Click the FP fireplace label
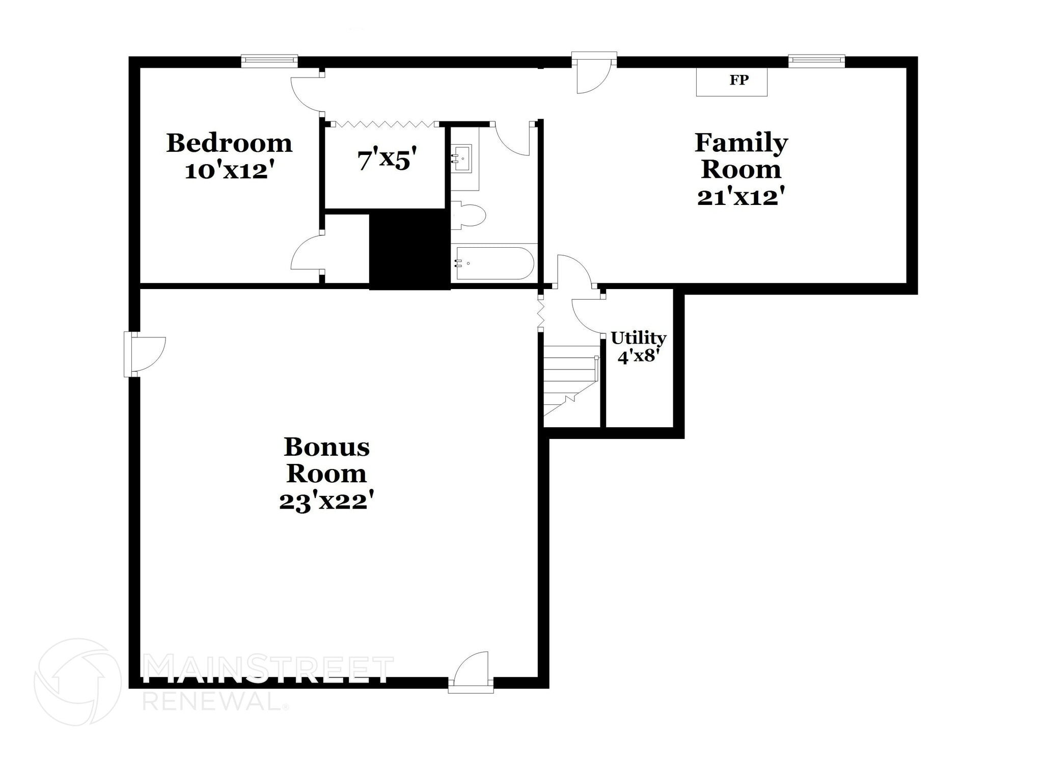(x=738, y=80)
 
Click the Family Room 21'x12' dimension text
(x=740, y=197)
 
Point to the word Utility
(x=638, y=338)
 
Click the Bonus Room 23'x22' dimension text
(x=326, y=501)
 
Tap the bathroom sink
(x=462, y=159)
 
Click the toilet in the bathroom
(x=469, y=216)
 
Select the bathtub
(x=494, y=264)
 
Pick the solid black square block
(x=409, y=250)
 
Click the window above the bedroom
(x=269, y=61)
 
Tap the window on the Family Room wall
(x=816, y=61)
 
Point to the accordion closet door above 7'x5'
(x=385, y=124)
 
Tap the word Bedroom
(x=229, y=143)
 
